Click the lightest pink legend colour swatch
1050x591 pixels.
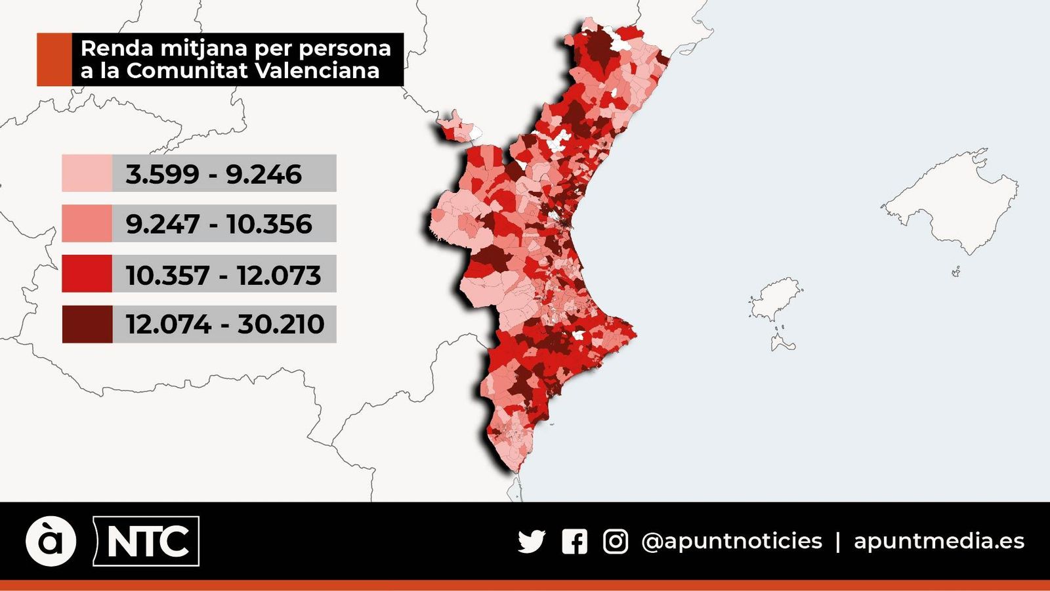(87, 173)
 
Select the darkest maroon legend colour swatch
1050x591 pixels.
(87, 324)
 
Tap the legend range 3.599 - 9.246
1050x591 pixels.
(214, 174)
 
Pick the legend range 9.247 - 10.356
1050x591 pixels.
(219, 224)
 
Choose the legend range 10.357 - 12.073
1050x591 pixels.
(223, 274)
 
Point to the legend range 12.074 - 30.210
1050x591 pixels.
(224, 324)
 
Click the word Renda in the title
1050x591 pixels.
(116, 48)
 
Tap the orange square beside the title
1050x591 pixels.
(54, 60)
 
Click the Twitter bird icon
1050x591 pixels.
(532, 542)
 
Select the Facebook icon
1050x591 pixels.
(574, 542)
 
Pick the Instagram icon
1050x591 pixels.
(615, 542)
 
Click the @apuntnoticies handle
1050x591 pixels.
(731, 541)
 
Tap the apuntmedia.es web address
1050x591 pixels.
(938, 541)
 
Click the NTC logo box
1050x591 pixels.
(147, 541)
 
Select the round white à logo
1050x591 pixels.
(51, 541)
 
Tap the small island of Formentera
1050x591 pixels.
(782, 342)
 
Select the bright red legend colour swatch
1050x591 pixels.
(87, 274)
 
